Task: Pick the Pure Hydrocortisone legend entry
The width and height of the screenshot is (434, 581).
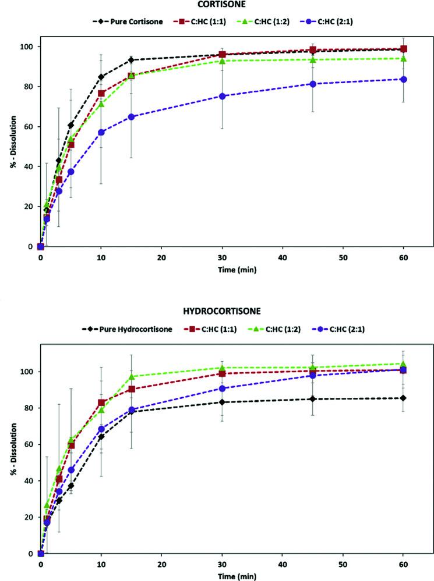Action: pyautogui.click(x=132, y=329)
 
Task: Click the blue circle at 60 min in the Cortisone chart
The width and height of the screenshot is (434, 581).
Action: pyautogui.click(x=403, y=79)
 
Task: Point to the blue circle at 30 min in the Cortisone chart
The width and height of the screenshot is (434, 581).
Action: pyautogui.click(x=222, y=96)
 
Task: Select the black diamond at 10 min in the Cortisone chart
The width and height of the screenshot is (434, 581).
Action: pyautogui.click(x=101, y=77)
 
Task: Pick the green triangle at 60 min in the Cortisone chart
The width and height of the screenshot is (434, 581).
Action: pyautogui.click(x=403, y=58)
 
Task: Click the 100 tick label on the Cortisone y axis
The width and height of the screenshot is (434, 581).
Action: pyautogui.click(x=26, y=47)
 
